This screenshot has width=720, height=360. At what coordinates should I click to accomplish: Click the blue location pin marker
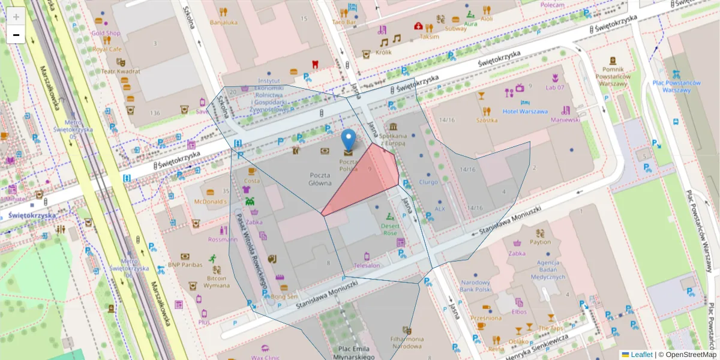[x=348, y=140]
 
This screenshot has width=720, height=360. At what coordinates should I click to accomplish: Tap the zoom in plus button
[x=16, y=16]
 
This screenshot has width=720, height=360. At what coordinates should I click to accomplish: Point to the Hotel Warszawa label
[x=525, y=111]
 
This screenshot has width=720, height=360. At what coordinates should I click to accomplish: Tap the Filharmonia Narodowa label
[x=407, y=343]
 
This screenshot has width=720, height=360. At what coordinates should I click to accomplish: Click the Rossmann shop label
[x=223, y=239]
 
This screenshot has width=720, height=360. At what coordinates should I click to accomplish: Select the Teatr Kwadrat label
[x=121, y=71]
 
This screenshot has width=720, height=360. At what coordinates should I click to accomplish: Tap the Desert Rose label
[x=389, y=229]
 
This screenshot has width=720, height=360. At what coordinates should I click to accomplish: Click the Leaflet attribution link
[x=641, y=355]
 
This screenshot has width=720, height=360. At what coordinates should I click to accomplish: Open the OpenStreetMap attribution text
[x=687, y=355]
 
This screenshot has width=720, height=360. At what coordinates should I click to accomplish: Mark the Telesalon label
[x=367, y=265]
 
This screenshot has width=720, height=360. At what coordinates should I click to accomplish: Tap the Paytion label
[x=540, y=242]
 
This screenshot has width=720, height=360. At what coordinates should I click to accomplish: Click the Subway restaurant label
[x=455, y=28]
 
